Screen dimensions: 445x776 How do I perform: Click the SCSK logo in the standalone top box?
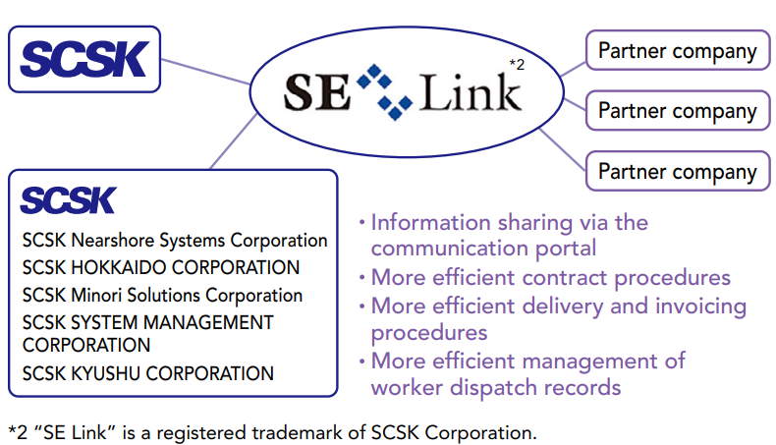83,59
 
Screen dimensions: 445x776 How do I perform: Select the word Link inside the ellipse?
471,94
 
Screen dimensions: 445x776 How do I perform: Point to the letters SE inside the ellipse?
316,94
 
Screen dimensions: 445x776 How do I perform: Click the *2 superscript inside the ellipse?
517,65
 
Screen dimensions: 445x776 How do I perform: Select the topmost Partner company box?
677,51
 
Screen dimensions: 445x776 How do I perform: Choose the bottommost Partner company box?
677,172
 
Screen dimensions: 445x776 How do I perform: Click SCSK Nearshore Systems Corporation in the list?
175,240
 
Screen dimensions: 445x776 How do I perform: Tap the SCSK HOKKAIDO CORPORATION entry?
161,267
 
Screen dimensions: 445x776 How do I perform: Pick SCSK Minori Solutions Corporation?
163,295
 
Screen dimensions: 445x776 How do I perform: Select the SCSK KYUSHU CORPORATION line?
148,373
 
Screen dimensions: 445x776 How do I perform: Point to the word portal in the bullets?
564,249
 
